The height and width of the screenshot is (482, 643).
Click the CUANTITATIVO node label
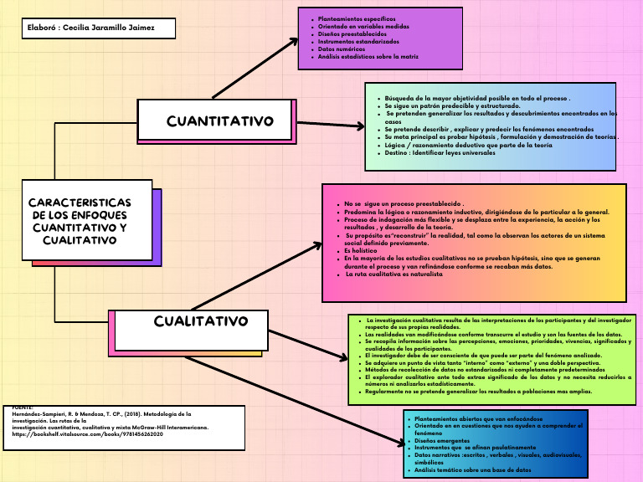pos(219,121)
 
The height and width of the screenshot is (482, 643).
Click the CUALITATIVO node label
pos(201,322)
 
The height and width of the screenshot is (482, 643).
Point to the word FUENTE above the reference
pos(23,407)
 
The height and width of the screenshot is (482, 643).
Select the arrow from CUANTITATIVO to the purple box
pos(255,69)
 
